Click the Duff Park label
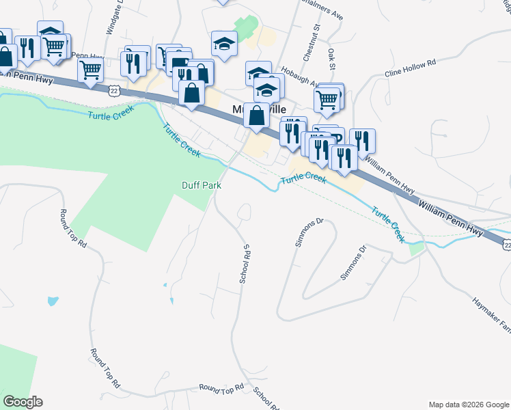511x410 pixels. [x=202, y=184]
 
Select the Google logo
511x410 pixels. [x=23, y=402]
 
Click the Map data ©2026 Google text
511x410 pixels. [x=469, y=405]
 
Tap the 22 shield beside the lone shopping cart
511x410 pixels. [x=114, y=89]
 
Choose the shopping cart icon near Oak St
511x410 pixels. [x=327, y=100]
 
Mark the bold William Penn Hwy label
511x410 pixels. [x=450, y=217]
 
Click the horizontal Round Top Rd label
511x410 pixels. [x=221, y=388]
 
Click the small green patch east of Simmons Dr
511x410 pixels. [x=416, y=249]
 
